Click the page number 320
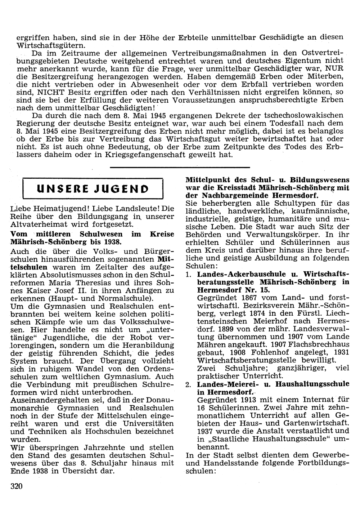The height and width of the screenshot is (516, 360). pyautogui.click(x=17, y=486)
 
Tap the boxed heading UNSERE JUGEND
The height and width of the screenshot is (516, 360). pyautogui.click(x=93, y=188)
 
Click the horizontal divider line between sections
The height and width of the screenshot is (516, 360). pyautogui.click(x=180, y=167)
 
